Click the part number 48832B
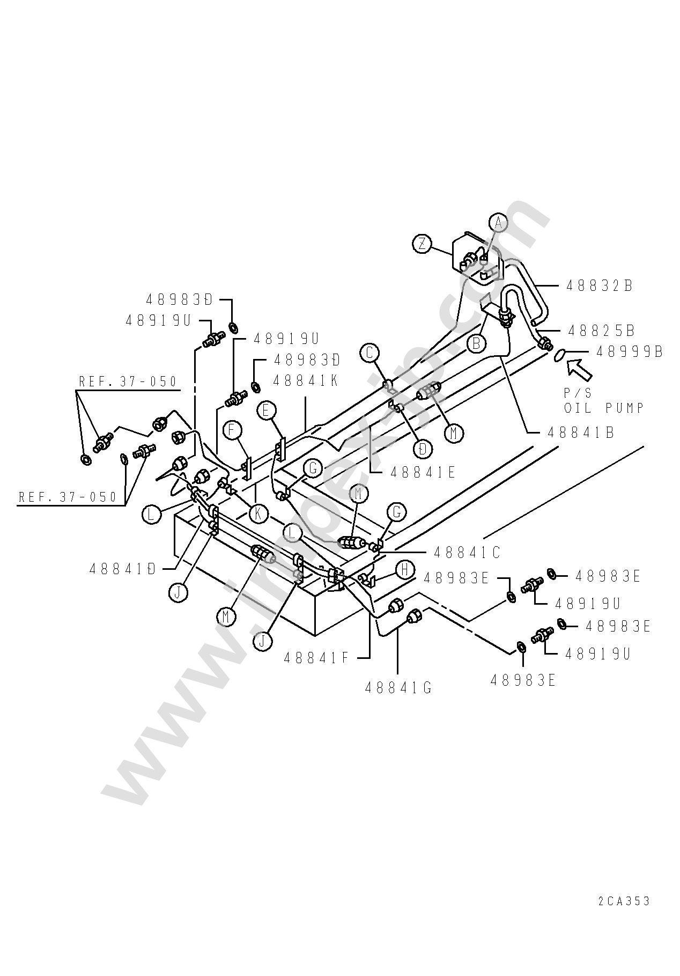coord(600,286)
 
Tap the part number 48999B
coord(630,351)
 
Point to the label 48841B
coord(581,432)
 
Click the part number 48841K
coord(306,380)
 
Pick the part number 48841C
coord(467,552)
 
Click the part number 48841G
coord(398,688)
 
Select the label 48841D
coord(123,568)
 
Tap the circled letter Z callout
coord(423,244)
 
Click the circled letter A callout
coord(499,222)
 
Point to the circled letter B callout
coord(476,343)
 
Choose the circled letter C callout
coord(369,353)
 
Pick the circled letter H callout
coord(405,569)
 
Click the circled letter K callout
coord(258,513)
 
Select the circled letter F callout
coord(233,430)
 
